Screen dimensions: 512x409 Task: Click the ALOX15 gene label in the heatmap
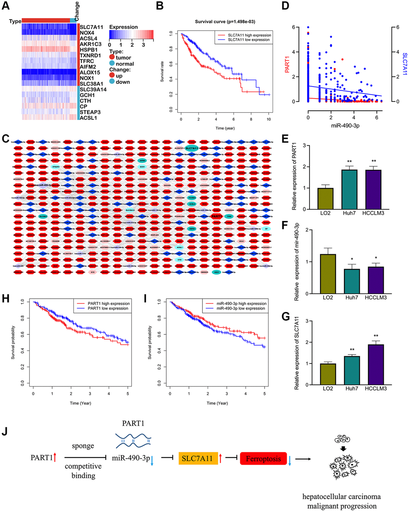click(91, 72)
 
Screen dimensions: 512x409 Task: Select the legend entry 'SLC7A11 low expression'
click(249, 40)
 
